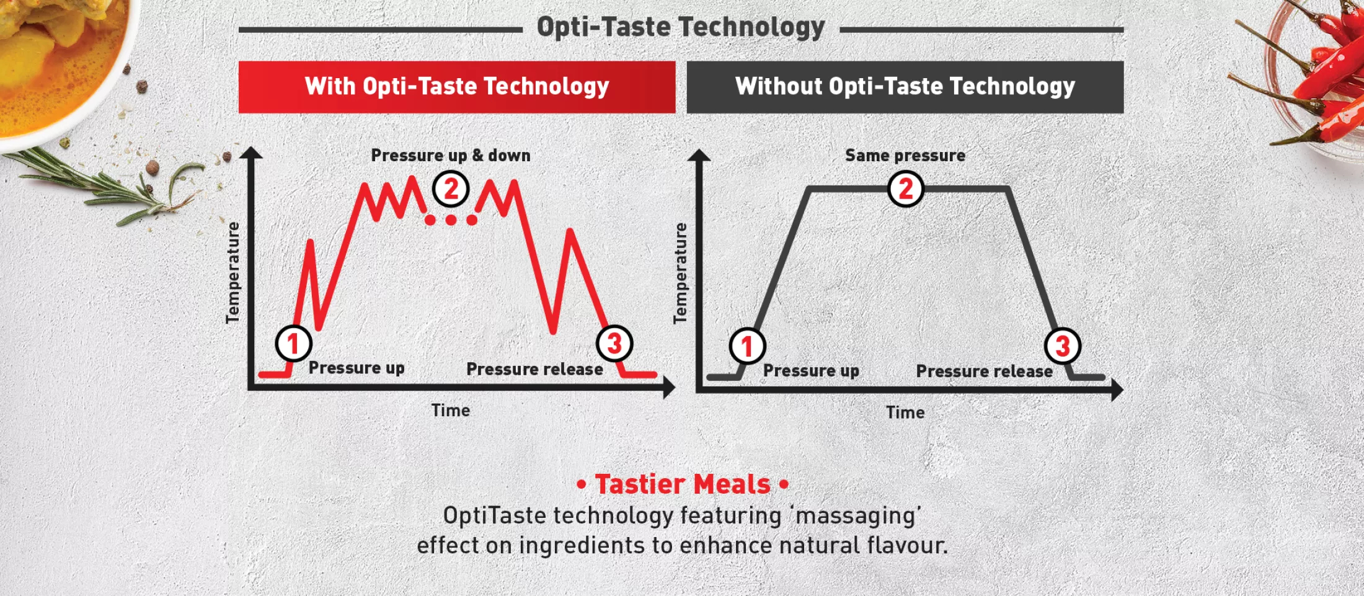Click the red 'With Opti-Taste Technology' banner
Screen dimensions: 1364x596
pos(457,87)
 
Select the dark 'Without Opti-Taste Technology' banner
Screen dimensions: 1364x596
pos(905,87)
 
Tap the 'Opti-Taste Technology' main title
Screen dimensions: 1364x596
pos(681,27)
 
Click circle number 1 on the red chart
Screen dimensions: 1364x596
pos(293,343)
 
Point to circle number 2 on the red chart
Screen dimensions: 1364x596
pos(451,189)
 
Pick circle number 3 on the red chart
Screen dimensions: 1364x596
pos(614,343)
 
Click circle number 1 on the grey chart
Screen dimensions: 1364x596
pos(747,345)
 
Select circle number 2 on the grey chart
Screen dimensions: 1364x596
pos(906,189)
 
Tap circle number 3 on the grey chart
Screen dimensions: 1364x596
pos(1063,345)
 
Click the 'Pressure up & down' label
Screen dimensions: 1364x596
pos(451,155)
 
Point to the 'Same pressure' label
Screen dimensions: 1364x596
pos(905,155)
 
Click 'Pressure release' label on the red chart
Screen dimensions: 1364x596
pos(534,369)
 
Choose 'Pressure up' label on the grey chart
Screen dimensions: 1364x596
pos(811,371)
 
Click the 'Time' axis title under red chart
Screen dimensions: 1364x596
pos(451,410)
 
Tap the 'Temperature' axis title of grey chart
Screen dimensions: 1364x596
pos(680,273)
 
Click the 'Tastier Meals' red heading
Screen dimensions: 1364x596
pos(683,484)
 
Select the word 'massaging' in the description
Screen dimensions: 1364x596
pos(857,516)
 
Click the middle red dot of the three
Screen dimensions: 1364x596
pos(451,220)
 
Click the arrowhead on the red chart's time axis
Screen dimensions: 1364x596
pos(669,388)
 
